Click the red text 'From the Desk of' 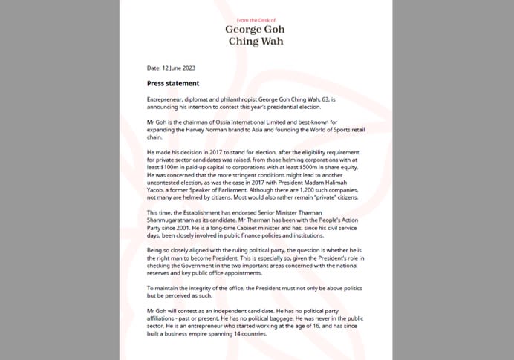[x=256, y=20]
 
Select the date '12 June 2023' [x=178, y=68]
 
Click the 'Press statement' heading [x=173, y=83]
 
